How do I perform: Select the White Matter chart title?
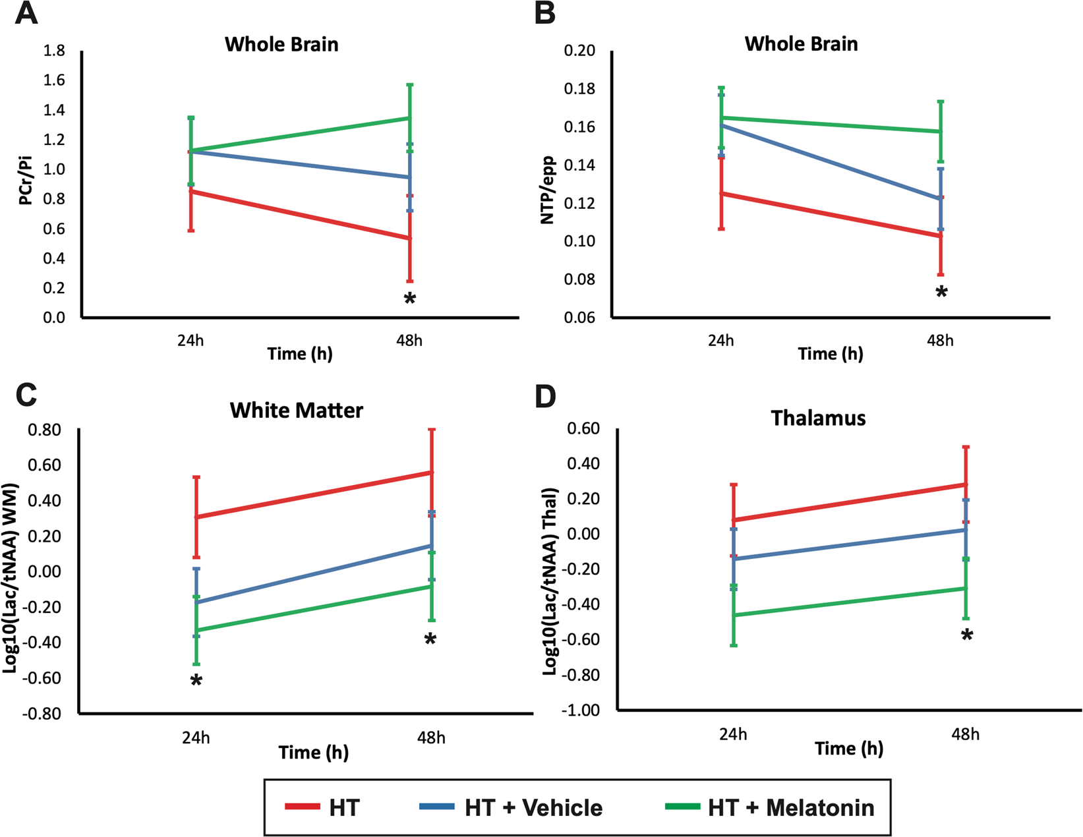(x=297, y=410)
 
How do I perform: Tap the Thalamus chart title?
(x=818, y=418)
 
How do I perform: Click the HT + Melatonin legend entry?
(x=790, y=807)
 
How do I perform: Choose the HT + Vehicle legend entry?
(x=533, y=807)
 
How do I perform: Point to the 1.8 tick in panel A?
(x=54, y=51)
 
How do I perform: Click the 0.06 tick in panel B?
(x=581, y=318)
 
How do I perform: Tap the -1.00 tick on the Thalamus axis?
(x=579, y=710)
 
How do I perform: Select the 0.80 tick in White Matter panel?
(x=43, y=430)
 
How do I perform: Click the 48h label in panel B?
(x=940, y=341)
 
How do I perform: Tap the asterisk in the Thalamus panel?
(x=966, y=636)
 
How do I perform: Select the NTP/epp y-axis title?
(x=548, y=190)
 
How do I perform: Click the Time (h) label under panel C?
(x=313, y=752)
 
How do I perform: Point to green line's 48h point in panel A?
(x=409, y=118)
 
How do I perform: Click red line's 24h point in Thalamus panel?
(x=734, y=520)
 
